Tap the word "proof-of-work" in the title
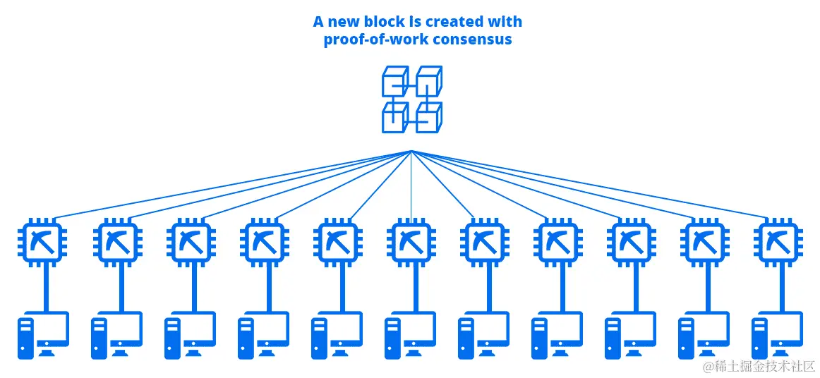click(373, 39)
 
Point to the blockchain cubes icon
click(412, 99)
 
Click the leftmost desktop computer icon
click(44, 335)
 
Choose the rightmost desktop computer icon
click(777, 335)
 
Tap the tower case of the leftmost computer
click(26, 338)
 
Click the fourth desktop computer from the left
click(263, 335)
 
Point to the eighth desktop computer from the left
click(557, 335)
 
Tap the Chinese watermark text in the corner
click(759, 366)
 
